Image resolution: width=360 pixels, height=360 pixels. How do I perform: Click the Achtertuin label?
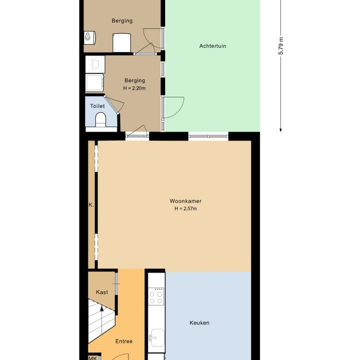(x=212, y=46)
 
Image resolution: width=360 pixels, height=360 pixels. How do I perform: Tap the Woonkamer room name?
(x=185, y=201)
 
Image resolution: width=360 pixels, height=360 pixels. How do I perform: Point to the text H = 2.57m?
(x=185, y=209)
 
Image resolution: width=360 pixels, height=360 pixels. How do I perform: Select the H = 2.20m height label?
(x=134, y=88)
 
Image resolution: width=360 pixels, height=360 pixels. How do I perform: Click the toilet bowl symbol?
(x=100, y=120)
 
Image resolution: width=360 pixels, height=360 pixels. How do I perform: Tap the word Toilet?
(x=97, y=106)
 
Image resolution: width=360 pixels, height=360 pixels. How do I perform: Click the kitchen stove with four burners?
(x=156, y=297)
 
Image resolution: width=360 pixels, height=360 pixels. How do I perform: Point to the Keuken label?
(x=199, y=323)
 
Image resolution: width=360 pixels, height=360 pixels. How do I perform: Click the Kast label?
(x=102, y=292)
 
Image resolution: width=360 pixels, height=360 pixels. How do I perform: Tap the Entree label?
(x=123, y=341)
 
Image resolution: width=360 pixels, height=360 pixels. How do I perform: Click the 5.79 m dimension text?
(x=281, y=46)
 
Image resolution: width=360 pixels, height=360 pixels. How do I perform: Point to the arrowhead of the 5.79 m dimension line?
(x=281, y=129)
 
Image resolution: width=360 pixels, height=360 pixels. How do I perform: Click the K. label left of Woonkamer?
(x=91, y=205)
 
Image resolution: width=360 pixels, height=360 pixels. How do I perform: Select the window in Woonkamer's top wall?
(x=208, y=136)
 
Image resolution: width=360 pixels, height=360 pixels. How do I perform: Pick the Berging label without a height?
(x=122, y=21)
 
